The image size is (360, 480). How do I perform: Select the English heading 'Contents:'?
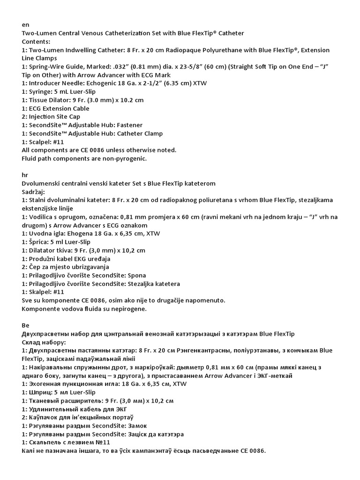pyautogui.click(x=37, y=41)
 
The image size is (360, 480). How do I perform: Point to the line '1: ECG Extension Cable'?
pyautogui.click(x=56, y=108)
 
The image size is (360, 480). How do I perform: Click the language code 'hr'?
pyautogui.click(x=25, y=174)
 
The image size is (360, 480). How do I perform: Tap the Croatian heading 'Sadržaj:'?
pyautogui.click(x=34, y=191)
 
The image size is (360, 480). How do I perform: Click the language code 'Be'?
pyautogui.click(x=26, y=325)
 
